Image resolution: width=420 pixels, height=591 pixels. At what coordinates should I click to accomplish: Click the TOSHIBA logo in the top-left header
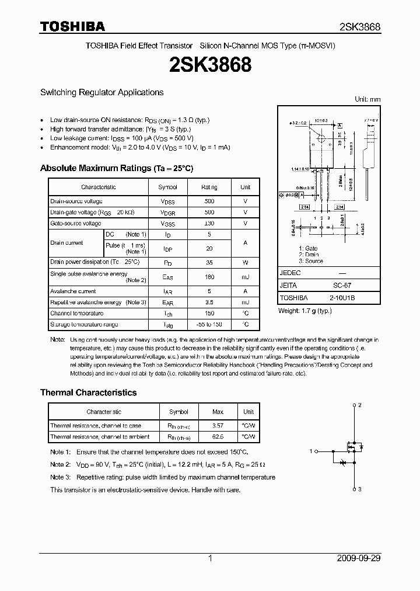pyautogui.click(x=72, y=26)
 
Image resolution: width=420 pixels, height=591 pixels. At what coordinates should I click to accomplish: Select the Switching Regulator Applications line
pyautogui.click(x=101, y=92)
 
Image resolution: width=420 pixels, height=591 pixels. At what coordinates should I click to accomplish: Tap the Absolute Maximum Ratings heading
pyautogui.click(x=116, y=168)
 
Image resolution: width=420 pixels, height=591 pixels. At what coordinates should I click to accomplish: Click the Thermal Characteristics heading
pyautogui.click(x=88, y=392)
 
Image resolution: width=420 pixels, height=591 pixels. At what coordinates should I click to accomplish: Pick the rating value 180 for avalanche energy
pyautogui.click(x=209, y=277)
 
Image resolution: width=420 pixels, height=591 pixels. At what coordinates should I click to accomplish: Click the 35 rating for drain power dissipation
pyautogui.click(x=209, y=262)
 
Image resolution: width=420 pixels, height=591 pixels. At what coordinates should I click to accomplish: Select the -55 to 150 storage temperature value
pyautogui.click(x=209, y=324)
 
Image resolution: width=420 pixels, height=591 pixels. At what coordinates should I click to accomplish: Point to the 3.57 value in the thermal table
pyautogui.click(x=218, y=426)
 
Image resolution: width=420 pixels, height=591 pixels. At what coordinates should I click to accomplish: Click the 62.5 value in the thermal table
pyautogui.click(x=218, y=436)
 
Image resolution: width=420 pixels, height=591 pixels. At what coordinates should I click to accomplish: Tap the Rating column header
pyautogui.click(x=209, y=187)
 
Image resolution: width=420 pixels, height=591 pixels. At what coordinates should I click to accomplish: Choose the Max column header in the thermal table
pyautogui.click(x=218, y=412)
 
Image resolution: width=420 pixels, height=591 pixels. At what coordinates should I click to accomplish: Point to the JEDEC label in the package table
pyautogui.click(x=290, y=273)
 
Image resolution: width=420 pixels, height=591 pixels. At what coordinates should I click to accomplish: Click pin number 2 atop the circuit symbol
pyautogui.click(x=360, y=405)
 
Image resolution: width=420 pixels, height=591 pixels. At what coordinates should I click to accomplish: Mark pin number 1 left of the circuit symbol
pyautogui.click(x=311, y=450)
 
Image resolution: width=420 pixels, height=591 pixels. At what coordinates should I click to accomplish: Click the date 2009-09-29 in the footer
pyautogui.click(x=359, y=558)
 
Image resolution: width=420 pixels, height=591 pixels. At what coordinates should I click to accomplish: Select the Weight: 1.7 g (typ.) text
pyautogui.click(x=304, y=311)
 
